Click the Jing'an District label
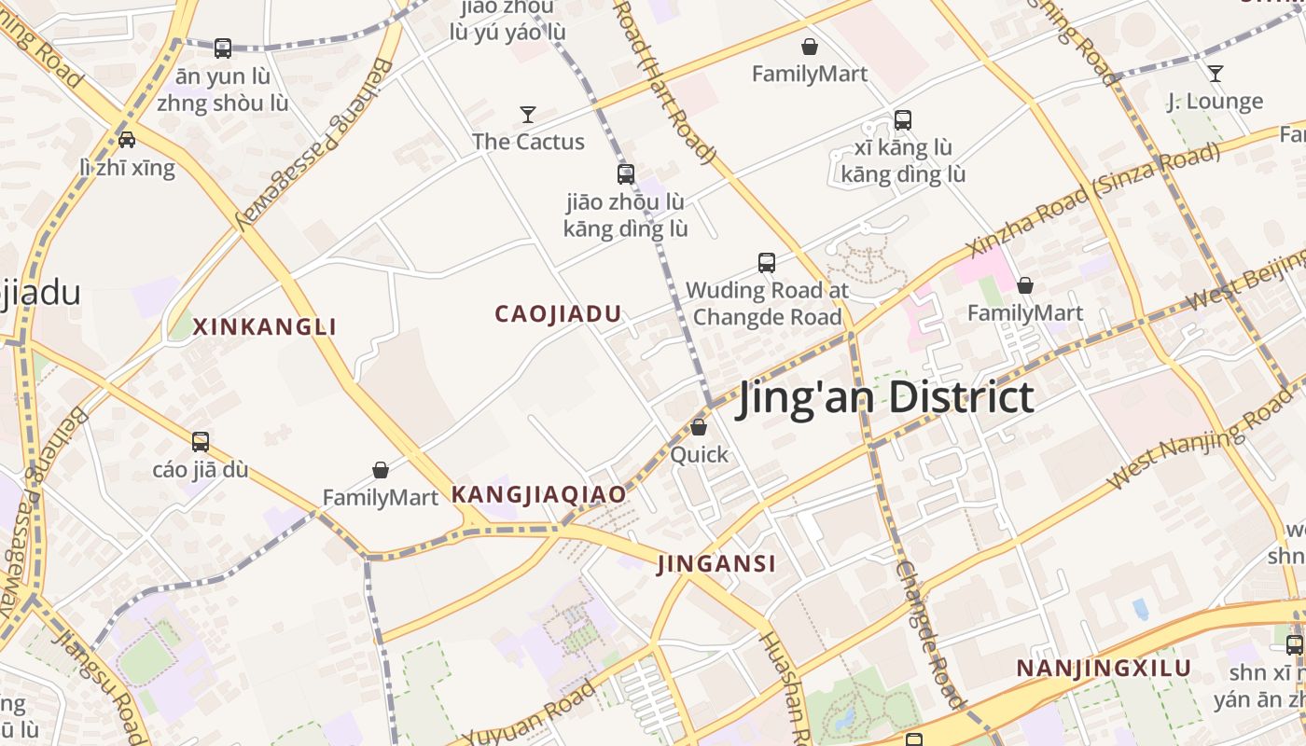[885, 397]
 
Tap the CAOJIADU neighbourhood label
[558, 314]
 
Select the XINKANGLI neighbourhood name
[264, 327]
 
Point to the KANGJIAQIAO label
[538, 495]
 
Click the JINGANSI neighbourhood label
[716, 564]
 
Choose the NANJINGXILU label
[1104, 669]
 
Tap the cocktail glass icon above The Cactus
[528, 115]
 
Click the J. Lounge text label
[1215, 101]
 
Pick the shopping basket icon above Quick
[699, 427]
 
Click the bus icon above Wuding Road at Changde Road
[767, 263]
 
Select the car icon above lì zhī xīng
[127, 140]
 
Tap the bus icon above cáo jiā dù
[201, 442]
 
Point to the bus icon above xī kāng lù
[902, 119]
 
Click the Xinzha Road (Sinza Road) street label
[1093, 200]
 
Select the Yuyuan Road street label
[528, 714]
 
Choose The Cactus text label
[528, 142]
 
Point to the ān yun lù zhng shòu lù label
[222, 90]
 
